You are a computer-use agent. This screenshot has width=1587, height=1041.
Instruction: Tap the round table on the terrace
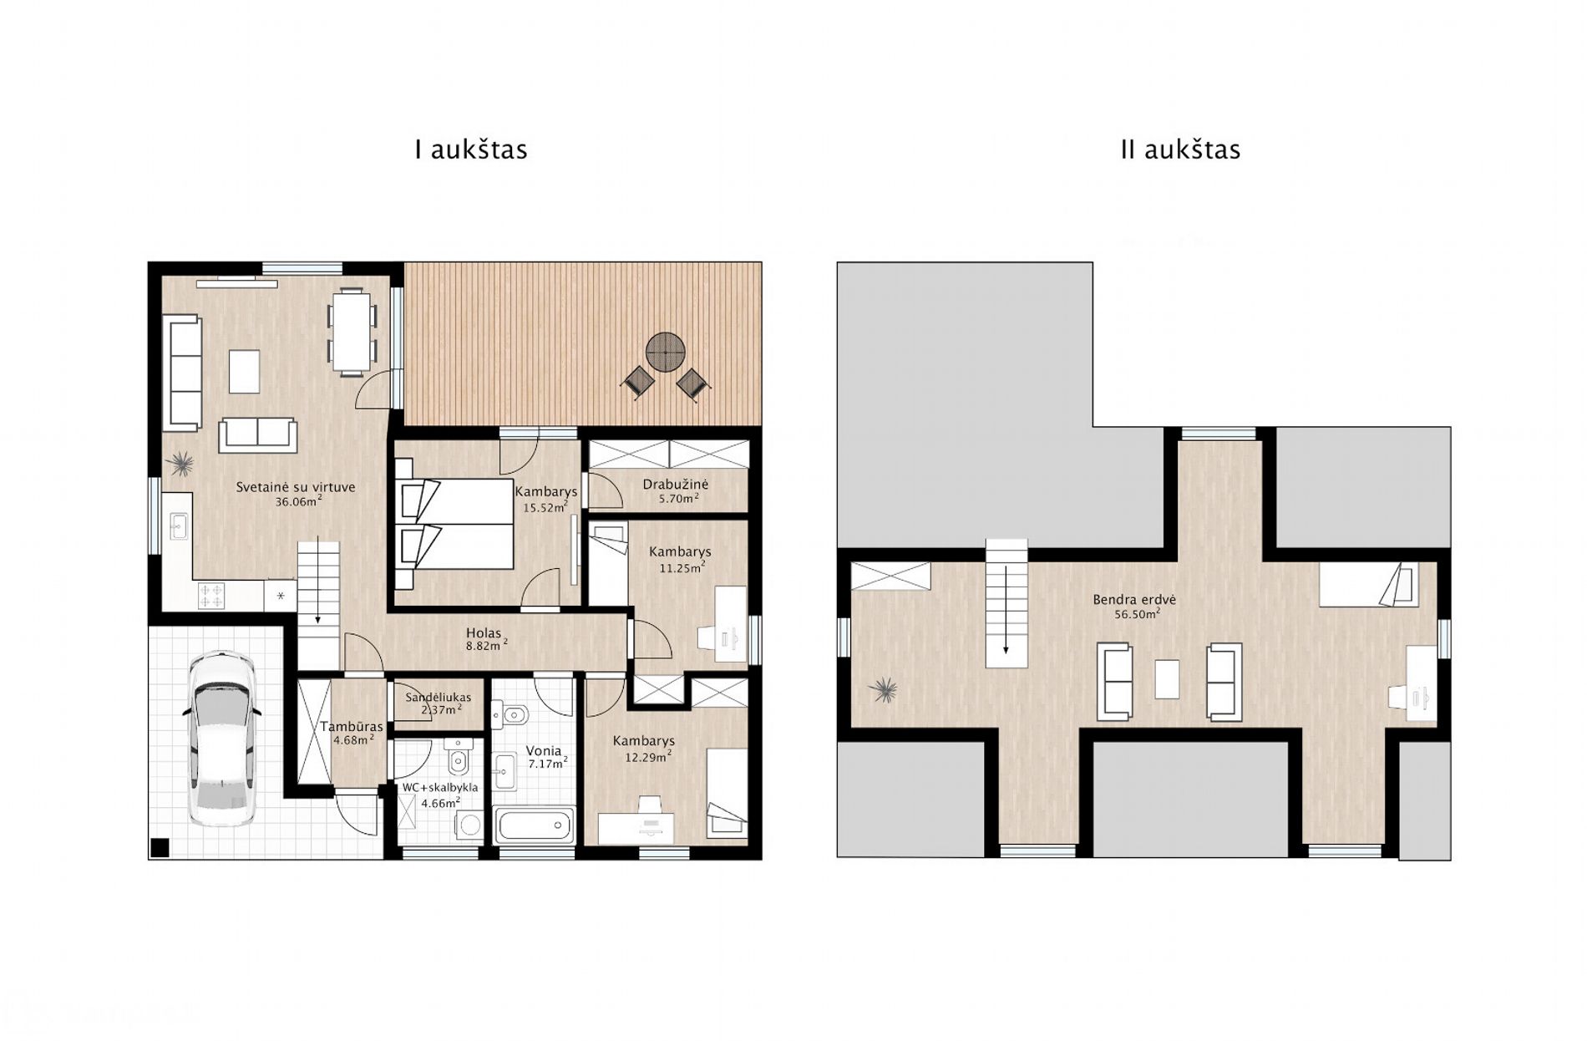point(666,353)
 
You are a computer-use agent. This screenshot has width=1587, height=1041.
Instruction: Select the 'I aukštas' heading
point(471,150)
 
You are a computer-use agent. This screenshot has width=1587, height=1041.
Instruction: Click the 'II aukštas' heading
point(1180,150)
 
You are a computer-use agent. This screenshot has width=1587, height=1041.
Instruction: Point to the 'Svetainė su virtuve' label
point(296,487)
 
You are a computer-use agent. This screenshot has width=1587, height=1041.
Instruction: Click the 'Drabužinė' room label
point(676,485)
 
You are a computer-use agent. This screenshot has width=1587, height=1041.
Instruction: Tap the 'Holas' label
point(484,633)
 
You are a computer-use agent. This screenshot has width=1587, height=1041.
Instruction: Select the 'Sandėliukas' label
point(439,698)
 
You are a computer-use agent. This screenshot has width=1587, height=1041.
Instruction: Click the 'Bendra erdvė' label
point(1134,600)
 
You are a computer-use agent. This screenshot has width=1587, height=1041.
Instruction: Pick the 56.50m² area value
point(1137,614)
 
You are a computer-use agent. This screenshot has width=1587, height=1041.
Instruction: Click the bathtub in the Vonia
point(535,825)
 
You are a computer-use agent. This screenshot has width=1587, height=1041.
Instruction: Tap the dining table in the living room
point(352,330)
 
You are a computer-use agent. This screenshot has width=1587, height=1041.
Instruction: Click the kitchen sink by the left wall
point(179,526)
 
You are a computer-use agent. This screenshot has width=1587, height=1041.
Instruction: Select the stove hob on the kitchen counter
point(211,596)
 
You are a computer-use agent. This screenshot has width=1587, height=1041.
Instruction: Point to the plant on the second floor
point(883,691)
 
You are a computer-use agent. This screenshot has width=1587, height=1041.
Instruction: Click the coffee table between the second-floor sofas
point(1167,679)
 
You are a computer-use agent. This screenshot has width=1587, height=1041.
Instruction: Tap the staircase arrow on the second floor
point(1006,610)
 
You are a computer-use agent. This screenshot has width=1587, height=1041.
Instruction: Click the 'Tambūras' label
point(352,727)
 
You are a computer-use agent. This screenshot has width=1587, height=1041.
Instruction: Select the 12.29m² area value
point(649,757)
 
